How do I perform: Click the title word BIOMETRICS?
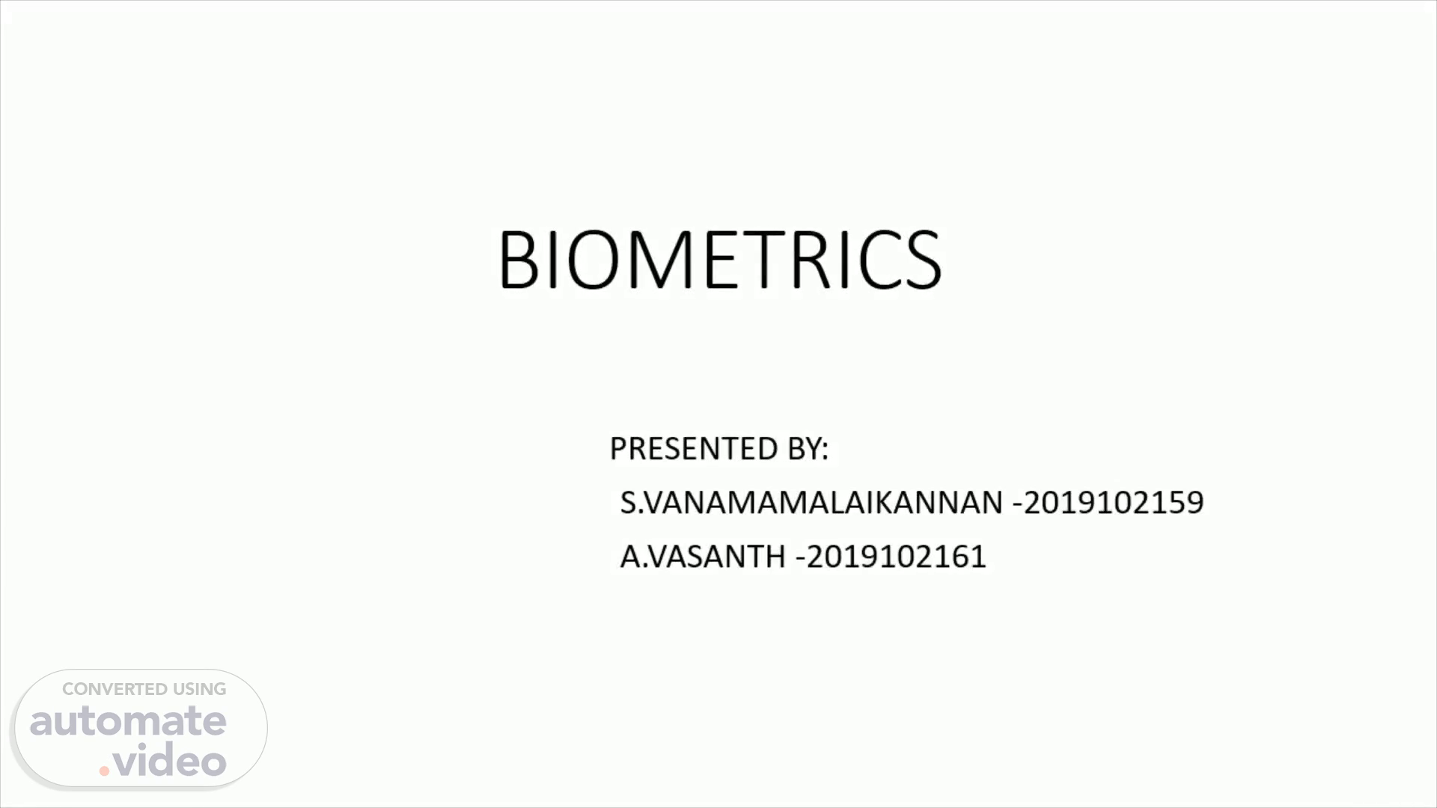coord(719,259)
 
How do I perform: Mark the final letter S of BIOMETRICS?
coord(924,259)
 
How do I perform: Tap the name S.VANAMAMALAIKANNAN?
coord(811,503)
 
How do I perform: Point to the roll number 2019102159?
coord(1113,503)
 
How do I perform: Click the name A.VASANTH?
coord(703,557)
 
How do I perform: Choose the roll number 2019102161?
coord(896,557)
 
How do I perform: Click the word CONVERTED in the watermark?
coord(115,689)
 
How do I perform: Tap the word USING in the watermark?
coord(200,689)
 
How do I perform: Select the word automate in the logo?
coord(128,721)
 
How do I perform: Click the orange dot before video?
coord(105,771)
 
